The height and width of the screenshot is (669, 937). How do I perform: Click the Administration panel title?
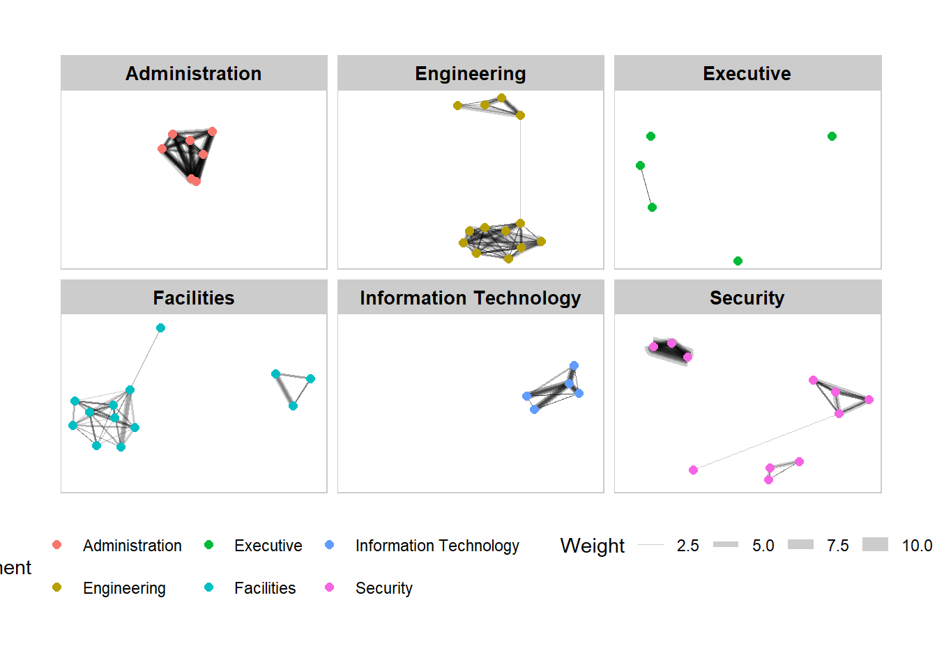click(193, 73)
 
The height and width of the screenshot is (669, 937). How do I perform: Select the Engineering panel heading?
click(470, 73)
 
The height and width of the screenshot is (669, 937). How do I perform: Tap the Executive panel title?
click(747, 73)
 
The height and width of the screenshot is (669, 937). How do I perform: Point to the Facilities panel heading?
click(193, 298)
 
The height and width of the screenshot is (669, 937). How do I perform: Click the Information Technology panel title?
click(470, 298)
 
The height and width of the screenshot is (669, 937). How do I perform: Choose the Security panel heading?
click(747, 298)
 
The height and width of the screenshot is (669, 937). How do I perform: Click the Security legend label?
click(383, 588)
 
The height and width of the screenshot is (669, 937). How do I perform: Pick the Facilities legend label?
click(264, 588)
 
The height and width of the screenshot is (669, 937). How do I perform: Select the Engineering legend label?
click(124, 588)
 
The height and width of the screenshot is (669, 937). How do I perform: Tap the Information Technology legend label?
click(437, 546)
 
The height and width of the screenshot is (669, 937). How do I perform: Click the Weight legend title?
click(592, 546)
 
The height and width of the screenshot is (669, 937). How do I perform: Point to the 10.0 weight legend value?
click(917, 546)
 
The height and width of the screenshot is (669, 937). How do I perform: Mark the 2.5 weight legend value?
click(687, 546)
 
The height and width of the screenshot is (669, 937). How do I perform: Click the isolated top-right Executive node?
click(832, 136)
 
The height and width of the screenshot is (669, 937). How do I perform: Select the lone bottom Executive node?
click(738, 261)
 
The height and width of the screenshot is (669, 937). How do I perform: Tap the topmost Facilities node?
click(160, 328)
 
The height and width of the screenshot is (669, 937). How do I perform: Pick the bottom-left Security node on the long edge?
click(693, 470)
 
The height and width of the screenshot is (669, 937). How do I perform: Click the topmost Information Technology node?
click(574, 365)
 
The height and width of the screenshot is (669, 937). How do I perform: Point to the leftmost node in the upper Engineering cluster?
click(457, 105)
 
